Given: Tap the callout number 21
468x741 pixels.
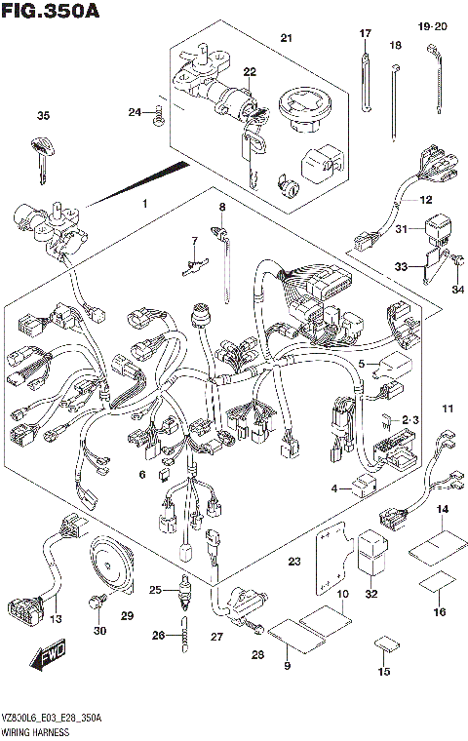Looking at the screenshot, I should (286, 38).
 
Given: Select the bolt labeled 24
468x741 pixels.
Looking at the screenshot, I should (158, 117).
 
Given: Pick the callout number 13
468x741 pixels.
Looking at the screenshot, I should (56, 619).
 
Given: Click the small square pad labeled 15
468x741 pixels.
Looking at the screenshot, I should (385, 645).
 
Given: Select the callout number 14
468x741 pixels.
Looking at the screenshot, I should (441, 511).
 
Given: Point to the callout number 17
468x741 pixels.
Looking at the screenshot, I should (366, 34).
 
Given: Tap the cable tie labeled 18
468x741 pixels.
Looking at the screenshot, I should (398, 97).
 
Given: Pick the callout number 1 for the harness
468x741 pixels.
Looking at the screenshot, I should (144, 205).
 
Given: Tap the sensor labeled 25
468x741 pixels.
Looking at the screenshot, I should (181, 592).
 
